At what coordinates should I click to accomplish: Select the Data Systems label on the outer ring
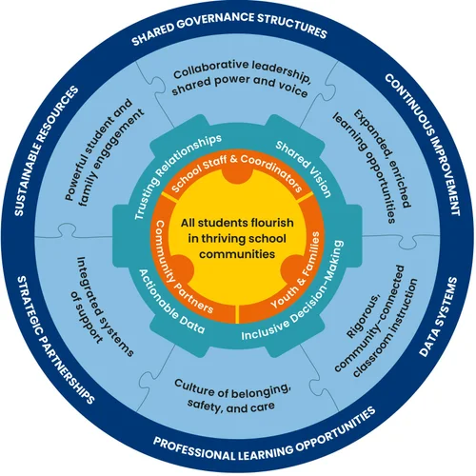[x=440, y=317]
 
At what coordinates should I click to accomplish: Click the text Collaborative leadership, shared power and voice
[x=240, y=78]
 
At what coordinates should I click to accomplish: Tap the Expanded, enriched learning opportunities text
[x=374, y=165]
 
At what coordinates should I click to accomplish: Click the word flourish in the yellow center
[x=272, y=223]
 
